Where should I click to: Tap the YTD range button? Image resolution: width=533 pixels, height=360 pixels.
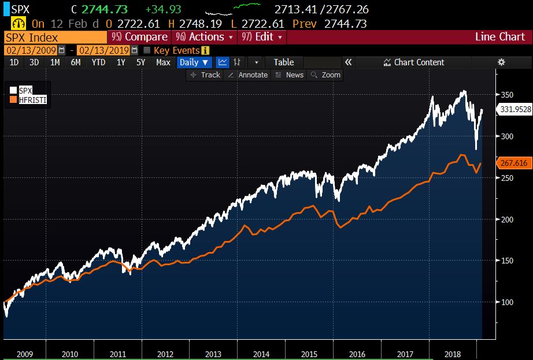pos(99,62)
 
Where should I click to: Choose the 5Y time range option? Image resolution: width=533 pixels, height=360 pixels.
pos(140,62)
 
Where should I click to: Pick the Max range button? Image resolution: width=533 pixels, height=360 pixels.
pos(163,62)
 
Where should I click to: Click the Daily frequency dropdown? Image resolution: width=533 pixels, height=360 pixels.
pos(194,62)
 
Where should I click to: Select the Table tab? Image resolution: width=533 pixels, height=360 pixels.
pos(283,62)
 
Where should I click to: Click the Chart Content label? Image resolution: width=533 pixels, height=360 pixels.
pos(419,62)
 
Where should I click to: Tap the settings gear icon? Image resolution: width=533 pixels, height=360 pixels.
pos(501,62)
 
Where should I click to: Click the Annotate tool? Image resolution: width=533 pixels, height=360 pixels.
pos(248,75)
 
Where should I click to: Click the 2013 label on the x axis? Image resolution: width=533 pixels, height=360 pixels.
pos(213,354)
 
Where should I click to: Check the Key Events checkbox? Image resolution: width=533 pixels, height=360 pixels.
pos(147,50)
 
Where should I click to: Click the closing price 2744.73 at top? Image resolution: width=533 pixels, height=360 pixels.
pos(103,10)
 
